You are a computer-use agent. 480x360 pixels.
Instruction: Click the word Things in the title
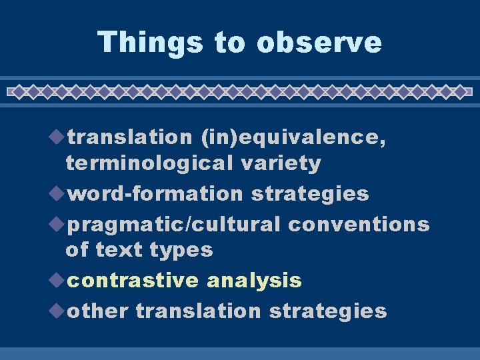click(150, 42)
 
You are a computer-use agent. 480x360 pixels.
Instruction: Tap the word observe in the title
click(319, 42)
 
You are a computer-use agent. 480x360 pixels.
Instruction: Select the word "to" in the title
click(230, 42)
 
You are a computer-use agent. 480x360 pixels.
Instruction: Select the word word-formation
click(156, 194)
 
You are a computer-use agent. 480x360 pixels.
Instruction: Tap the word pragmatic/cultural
click(174, 225)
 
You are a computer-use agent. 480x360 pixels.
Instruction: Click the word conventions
click(359, 225)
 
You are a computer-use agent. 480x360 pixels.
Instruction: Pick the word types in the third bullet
click(181, 250)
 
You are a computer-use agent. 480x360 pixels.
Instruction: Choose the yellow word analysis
click(254, 281)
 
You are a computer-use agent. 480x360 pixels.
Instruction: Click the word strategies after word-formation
click(310, 194)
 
